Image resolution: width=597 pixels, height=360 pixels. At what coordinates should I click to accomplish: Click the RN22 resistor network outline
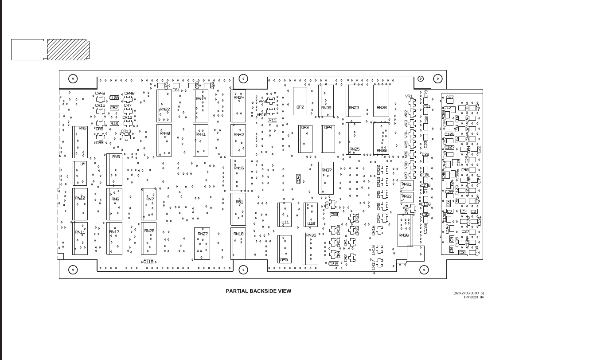coord(164,106)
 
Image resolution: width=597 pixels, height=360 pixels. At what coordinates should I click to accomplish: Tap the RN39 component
coord(326,101)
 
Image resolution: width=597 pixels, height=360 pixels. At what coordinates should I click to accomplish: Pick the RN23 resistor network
coord(354,101)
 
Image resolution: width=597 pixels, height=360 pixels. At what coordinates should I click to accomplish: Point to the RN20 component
coord(381,101)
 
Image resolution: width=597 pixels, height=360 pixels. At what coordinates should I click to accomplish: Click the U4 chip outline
coord(80,173)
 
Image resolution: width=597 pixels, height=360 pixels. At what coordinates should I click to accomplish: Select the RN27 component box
coord(202,243)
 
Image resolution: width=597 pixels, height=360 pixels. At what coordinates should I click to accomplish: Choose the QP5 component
coord(285,249)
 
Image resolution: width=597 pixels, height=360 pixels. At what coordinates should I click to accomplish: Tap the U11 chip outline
coord(285,215)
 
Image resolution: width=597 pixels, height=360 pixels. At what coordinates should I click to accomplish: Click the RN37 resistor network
coord(326,178)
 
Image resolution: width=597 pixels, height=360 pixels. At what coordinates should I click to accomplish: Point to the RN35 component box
coord(310,249)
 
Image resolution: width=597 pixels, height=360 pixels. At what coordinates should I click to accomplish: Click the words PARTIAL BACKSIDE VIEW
coord(258,291)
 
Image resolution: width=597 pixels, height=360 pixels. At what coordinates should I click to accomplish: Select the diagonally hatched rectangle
coord(68,50)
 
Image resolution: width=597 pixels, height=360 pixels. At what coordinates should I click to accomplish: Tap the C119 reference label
coord(148,262)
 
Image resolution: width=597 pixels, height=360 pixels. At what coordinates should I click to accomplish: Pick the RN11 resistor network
coord(80,239)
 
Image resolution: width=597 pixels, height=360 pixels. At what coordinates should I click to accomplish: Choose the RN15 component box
coord(201,106)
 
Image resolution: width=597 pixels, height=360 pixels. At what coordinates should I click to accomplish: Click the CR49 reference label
coord(100,94)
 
